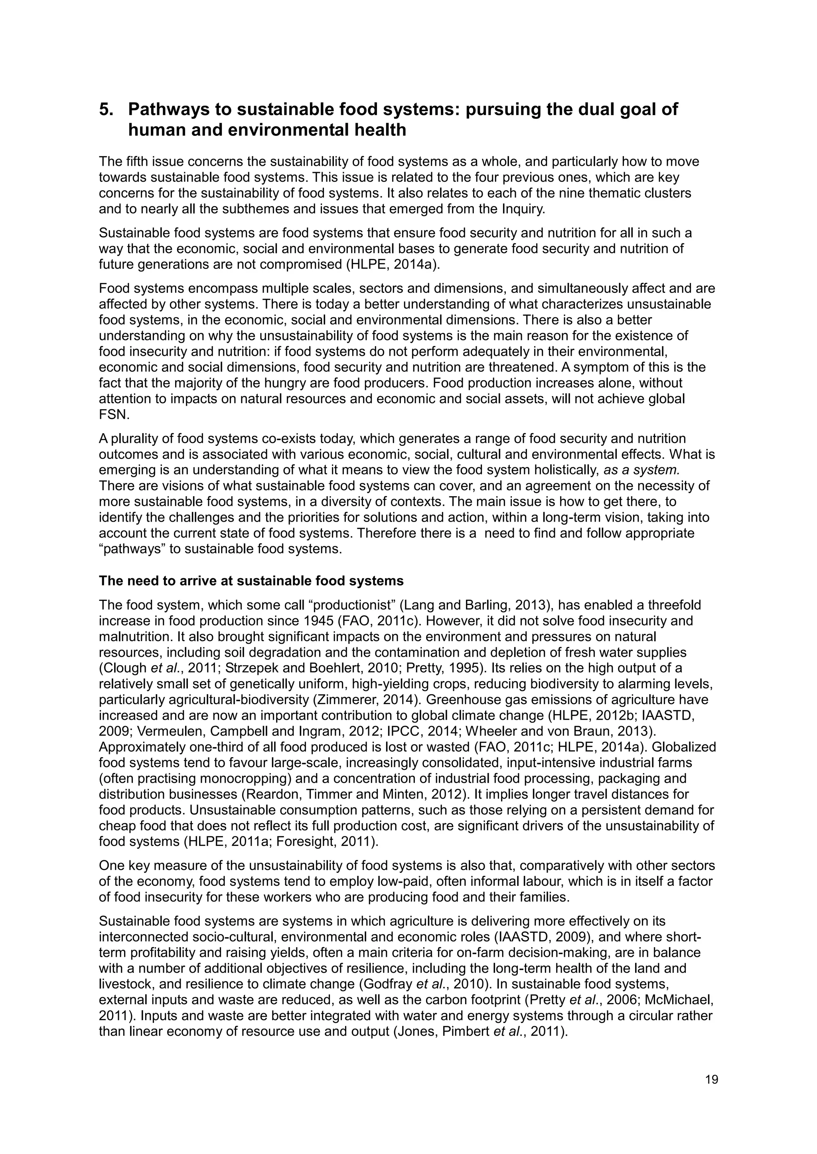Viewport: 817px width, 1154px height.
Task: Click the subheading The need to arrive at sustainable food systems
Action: tap(251, 581)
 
